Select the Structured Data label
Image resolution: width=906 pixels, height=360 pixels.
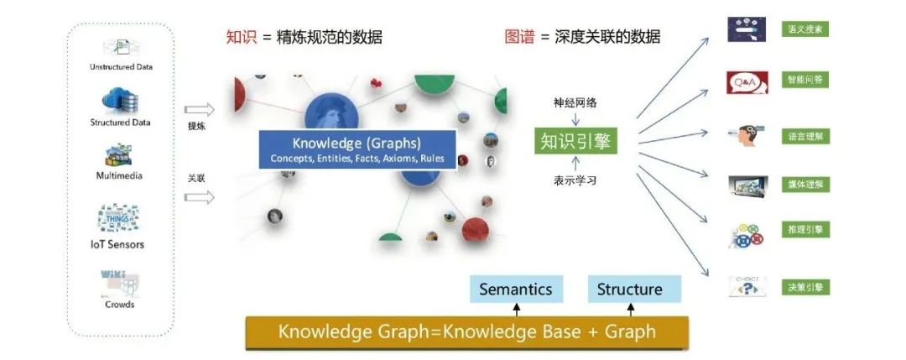pyautogui.click(x=121, y=123)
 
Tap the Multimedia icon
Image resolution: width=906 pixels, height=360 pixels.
pyautogui.click(x=119, y=155)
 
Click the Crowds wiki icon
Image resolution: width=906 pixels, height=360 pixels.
pyautogui.click(x=119, y=282)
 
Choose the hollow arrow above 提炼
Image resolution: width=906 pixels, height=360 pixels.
pyautogui.click(x=200, y=110)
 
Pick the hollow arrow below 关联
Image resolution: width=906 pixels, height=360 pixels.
pyautogui.click(x=200, y=197)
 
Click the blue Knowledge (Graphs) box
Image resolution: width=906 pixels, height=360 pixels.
pyautogui.click(x=357, y=149)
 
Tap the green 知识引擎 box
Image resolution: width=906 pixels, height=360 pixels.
pyautogui.click(x=575, y=140)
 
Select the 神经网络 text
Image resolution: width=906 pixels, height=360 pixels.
pyautogui.click(x=575, y=103)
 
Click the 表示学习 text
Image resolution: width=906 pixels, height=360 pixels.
pyautogui.click(x=575, y=180)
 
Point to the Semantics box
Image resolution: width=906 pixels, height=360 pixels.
pyautogui.click(x=515, y=290)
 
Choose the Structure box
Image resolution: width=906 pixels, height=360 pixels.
pyautogui.click(x=629, y=290)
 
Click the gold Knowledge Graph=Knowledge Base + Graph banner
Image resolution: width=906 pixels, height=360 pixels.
pyautogui.click(x=466, y=332)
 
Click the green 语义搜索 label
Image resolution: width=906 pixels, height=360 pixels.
pyautogui.click(x=805, y=29)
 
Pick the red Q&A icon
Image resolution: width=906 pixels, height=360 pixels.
pyautogui.click(x=747, y=81)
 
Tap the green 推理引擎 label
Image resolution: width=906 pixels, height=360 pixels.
pyautogui.click(x=805, y=229)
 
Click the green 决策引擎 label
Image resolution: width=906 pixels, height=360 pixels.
pyautogui.click(x=805, y=288)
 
